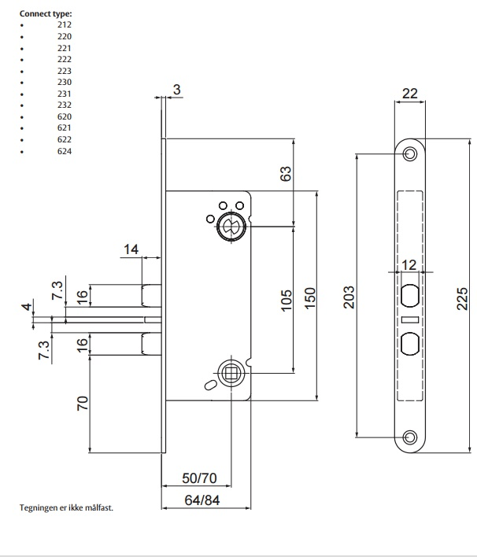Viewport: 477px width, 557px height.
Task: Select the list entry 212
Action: tap(65, 25)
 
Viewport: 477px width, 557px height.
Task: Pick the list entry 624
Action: tap(65, 152)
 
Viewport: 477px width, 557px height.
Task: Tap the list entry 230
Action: tap(65, 83)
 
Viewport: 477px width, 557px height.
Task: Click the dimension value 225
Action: tap(464, 300)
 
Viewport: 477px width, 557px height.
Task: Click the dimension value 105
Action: tap(287, 299)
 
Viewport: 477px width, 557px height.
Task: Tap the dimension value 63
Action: tap(287, 172)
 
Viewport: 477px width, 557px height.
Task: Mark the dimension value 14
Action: tap(130, 250)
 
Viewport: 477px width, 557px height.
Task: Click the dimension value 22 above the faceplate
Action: tap(410, 94)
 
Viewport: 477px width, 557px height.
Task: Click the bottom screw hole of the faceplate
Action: tap(409, 437)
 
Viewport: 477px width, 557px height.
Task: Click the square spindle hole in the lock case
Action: tap(231, 373)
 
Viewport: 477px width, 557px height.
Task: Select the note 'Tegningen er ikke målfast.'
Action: tap(66, 508)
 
